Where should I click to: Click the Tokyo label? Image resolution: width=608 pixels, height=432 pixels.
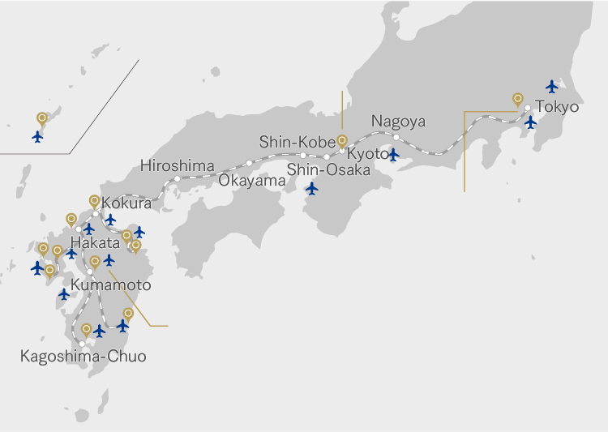point(557,107)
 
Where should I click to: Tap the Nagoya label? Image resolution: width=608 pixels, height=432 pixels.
point(398,122)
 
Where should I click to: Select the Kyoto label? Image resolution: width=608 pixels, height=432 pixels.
point(368,154)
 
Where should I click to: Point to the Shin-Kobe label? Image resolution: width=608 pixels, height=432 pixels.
point(297,142)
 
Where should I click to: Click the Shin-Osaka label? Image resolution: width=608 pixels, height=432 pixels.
point(328,169)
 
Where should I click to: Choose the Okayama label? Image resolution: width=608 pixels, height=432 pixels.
point(252,180)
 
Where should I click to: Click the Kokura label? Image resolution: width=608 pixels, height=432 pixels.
point(126,203)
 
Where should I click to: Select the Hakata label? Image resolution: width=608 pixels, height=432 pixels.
point(96,242)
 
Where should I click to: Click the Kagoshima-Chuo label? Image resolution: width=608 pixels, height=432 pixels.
point(83,356)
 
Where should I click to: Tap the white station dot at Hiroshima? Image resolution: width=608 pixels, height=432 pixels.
point(177,178)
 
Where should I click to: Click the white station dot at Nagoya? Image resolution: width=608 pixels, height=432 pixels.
point(396,137)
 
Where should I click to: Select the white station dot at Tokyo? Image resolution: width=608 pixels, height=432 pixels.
point(528,108)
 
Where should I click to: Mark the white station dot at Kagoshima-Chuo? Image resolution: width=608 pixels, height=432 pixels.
point(82,344)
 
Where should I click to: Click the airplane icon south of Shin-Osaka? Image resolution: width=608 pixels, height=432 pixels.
point(312,189)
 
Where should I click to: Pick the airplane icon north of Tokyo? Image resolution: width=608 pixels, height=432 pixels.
point(552,86)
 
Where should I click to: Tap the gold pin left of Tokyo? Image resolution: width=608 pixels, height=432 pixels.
point(517,99)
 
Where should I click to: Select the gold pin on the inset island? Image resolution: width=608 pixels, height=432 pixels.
point(41,118)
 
